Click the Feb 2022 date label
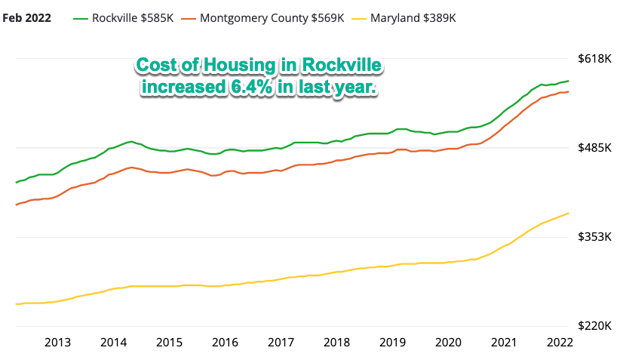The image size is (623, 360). tap(27, 17)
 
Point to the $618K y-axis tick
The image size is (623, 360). tap(592, 58)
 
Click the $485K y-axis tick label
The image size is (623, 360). tap(592, 148)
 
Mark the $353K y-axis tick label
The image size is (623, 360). tap(592, 237)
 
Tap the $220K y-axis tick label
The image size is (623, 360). tap(592, 326)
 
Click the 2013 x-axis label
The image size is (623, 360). tap(58, 343)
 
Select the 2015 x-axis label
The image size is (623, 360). tap(170, 343)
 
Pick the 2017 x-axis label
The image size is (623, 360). tap(281, 343)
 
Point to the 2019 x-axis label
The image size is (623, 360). tap(393, 343)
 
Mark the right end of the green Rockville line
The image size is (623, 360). tap(569, 81)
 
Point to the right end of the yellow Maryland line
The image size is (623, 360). tap(569, 213)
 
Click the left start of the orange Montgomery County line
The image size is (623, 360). tap(16, 205)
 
